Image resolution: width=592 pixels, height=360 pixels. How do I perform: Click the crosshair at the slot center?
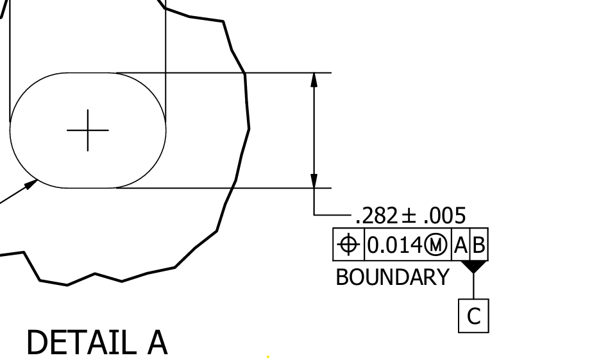pyautogui.click(x=88, y=130)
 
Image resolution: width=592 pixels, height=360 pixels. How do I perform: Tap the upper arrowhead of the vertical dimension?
pyautogui.click(x=314, y=80)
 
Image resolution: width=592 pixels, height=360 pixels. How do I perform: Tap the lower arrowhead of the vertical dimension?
pyautogui.click(x=314, y=181)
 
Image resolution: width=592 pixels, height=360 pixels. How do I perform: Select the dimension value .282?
pyautogui.click(x=376, y=216)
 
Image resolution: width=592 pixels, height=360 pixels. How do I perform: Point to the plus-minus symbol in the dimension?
pyautogui.click(x=408, y=216)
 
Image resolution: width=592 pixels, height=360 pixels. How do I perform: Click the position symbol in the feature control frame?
pyautogui.click(x=348, y=244)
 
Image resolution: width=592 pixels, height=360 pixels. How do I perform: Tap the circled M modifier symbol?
pyautogui.click(x=436, y=245)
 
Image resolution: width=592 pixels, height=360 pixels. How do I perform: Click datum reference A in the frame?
pyautogui.click(x=461, y=245)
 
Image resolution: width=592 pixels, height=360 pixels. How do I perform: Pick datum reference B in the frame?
pyautogui.click(x=478, y=245)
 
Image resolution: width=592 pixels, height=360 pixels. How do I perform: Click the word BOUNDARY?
pyautogui.click(x=393, y=277)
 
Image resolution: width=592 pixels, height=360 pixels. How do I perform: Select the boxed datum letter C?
pyautogui.click(x=473, y=316)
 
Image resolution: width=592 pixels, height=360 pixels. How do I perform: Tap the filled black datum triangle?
pyautogui.click(x=473, y=266)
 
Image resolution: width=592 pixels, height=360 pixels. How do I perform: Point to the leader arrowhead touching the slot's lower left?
pyautogui.click(x=31, y=185)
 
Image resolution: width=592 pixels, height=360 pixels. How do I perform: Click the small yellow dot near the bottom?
pyautogui.click(x=267, y=356)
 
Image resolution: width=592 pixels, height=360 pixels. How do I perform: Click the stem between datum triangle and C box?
pyautogui.click(x=473, y=286)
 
